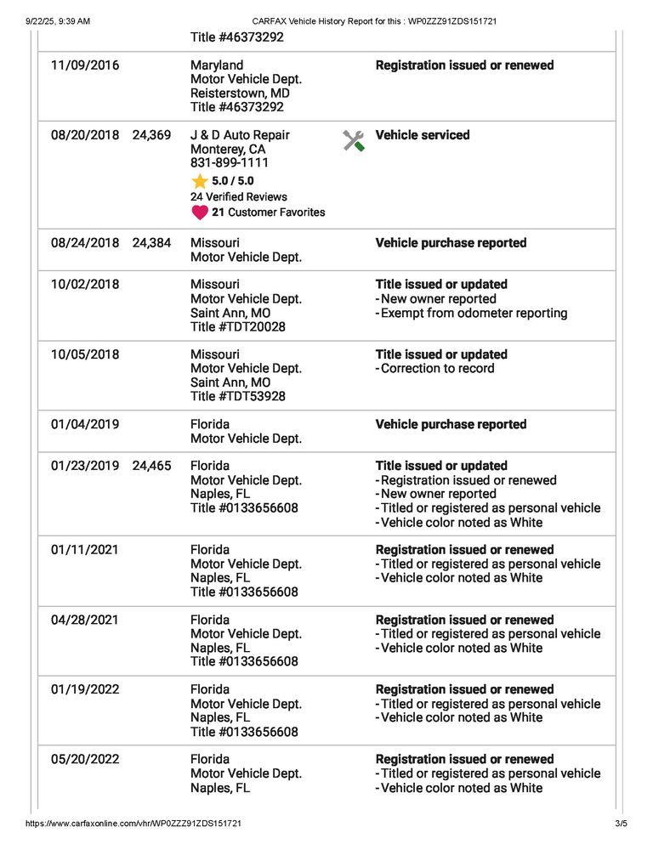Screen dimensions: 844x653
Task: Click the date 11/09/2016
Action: [85, 65]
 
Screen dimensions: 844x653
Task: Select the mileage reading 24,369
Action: [151, 135]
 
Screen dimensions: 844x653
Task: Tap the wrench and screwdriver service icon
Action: [354, 141]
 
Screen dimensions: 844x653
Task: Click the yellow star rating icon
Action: [200, 181]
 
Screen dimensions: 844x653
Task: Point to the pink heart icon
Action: [200, 212]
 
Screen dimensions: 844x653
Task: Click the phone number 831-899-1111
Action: [230, 163]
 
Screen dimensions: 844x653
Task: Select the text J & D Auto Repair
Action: [240, 135]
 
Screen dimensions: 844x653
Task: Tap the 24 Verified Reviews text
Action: [239, 197]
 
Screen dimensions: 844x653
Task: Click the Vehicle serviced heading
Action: [422, 135]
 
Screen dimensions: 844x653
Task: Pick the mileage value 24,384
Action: [151, 243]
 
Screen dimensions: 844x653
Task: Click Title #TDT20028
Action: [238, 326]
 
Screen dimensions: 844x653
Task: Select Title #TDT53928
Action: [238, 396]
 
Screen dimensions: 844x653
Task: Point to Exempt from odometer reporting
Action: [474, 313]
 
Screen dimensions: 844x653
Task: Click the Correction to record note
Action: [437, 368]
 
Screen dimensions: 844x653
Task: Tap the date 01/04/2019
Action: [85, 424]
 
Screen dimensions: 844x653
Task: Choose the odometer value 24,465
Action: [151, 466]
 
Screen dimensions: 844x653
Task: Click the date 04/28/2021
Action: [85, 620]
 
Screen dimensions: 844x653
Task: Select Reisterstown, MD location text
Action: [240, 93]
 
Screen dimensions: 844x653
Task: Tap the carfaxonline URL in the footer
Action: [133, 824]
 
